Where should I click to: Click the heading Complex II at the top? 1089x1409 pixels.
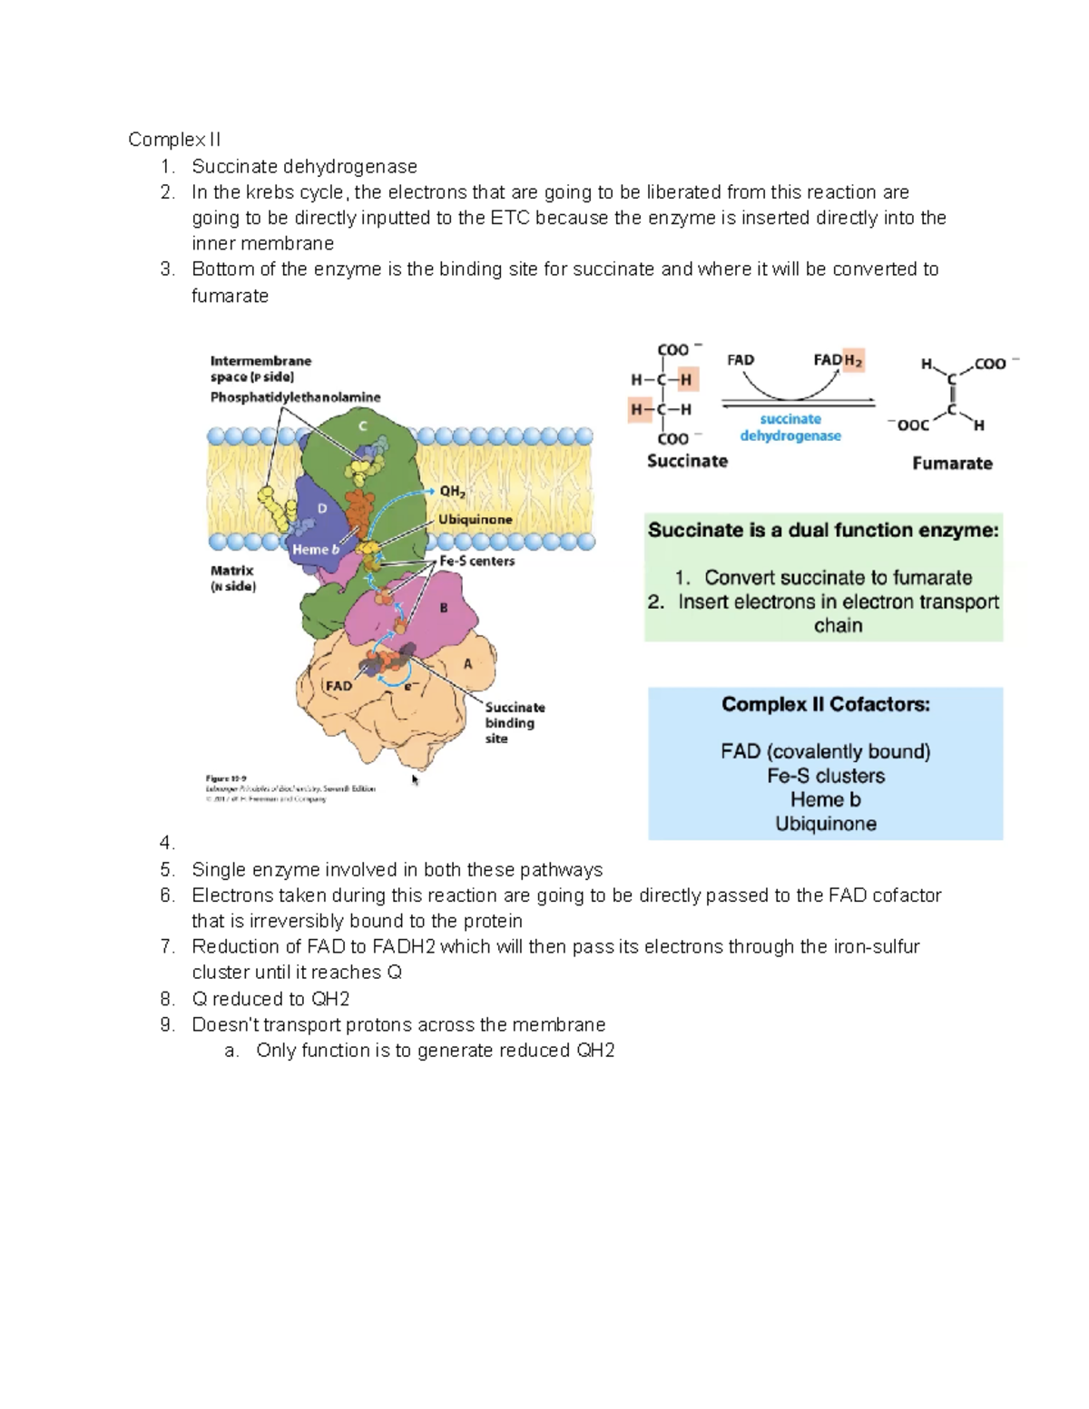coord(174,140)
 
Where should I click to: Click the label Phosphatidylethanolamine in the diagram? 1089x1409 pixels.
coord(295,397)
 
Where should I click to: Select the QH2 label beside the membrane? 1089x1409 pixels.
coord(452,492)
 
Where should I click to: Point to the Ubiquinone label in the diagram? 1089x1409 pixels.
coord(476,520)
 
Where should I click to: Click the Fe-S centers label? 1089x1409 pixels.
coord(477,562)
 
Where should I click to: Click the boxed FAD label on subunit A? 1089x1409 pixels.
coord(338,686)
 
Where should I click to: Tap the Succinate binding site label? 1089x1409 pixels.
coord(514,722)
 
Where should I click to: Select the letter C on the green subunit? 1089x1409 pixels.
coord(363,426)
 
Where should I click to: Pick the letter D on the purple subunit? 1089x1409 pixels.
coord(321,509)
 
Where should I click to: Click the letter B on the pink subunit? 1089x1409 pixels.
coord(444,608)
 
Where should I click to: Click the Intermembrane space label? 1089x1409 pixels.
coord(260,368)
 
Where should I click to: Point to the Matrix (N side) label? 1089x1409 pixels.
coord(233,578)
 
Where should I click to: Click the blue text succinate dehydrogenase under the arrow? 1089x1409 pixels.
coord(790,427)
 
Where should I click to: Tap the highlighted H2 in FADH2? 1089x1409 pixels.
coord(853,360)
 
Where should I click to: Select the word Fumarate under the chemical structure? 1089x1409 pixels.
coord(952,464)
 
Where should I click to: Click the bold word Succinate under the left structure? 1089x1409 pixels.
coord(687,461)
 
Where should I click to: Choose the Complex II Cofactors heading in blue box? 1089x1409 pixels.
coord(825,705)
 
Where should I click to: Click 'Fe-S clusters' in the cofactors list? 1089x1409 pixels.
coord(825,776)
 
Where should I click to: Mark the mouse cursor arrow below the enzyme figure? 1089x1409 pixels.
coord(416,779)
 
